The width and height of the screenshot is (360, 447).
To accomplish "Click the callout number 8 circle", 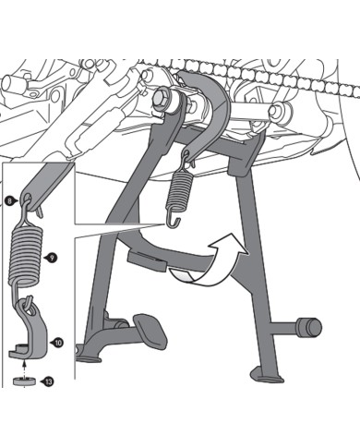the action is pyautogui.click(x=9, y=201).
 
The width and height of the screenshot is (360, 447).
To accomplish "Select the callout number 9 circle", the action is pyautogui.click(x=52, y=258).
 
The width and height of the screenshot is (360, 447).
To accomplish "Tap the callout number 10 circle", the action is pyautogui.click(x=58, y=342).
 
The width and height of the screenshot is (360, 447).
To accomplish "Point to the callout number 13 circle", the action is pyautogui.click(x=48, y=382).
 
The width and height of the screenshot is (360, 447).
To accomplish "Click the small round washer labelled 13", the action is pyautogui.click(x=24, y=381).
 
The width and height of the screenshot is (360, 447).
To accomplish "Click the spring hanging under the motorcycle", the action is pyautogui.click(x=179, y=192).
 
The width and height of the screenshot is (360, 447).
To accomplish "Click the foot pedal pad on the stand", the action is pyautogui.click(x=150, y=331).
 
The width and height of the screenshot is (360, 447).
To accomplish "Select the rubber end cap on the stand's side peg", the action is pyautogui.click(x=308, y=327).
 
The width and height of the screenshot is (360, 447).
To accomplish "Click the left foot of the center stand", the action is pyautogui.click(x=89, y=358).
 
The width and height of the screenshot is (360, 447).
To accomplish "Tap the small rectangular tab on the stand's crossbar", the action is pyautogui.click(x=147, y=261).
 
